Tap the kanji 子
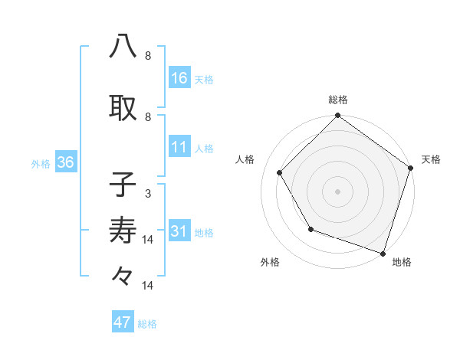point(123,184)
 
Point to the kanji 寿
point(123,230)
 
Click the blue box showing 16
point(179,77)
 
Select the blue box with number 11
point(179,148)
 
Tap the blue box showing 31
point(179,232)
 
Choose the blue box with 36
point(64,163)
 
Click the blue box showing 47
point(123,322)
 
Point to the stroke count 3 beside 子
point(147,194)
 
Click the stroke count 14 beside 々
point(149,286)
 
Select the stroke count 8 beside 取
point(147,117)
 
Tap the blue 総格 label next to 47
point(147,324)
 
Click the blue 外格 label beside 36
point(41,164)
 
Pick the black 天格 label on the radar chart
point(431,159)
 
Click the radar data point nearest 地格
point(383,253)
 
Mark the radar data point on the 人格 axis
point(280,172)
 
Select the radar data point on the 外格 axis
point(310,229)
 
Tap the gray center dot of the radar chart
point(337,191)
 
